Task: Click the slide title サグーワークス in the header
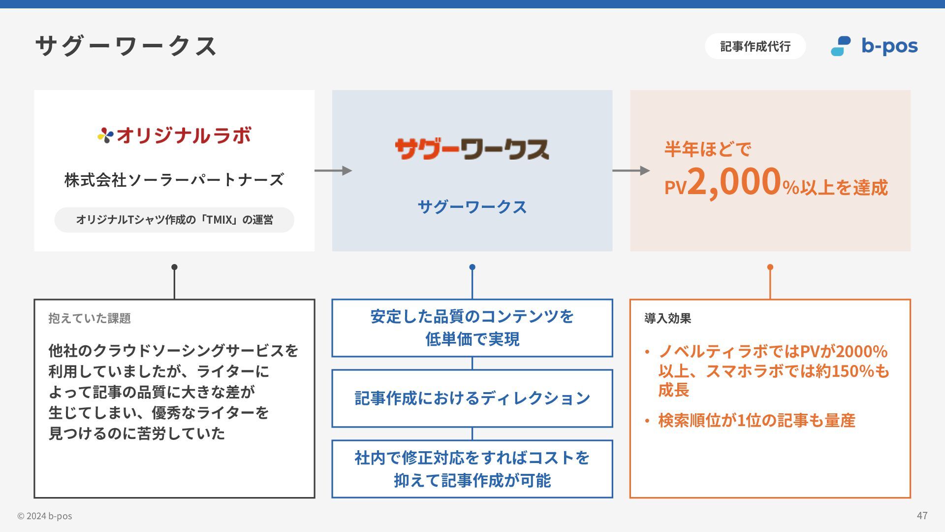coord(126,46)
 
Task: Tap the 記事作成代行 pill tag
coord(755,46)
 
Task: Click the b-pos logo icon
coord(841,46)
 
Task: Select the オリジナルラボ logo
coord(174,135)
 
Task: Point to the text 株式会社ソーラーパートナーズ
coord(174,180)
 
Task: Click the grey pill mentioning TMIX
coord(174,220)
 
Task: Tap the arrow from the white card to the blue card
coord(333,170)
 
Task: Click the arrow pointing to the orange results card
coord(631,170)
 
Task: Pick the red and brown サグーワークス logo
coord(472,149)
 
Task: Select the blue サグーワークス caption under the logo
coord(472,207)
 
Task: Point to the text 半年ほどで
coord(708,149)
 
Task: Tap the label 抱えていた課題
coord(90,318)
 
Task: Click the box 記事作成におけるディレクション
coord(472,398)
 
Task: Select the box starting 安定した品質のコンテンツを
coord(472,328)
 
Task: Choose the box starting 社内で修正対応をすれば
coord(472,469)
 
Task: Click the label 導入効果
coord(668,318)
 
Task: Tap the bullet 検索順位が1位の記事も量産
coord(756,421)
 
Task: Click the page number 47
coord(922,515)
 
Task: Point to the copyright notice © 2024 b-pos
coord(45,516)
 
